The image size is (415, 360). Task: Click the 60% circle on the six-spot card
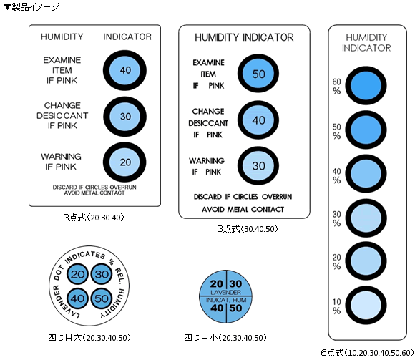(x=366, y=86)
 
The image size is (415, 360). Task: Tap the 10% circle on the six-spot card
(x=366, y=305)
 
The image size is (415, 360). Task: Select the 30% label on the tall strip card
(x=337, y=218)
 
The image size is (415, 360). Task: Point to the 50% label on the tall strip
(x=337, y=131)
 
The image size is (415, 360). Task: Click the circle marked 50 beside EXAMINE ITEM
(x=258, y=73)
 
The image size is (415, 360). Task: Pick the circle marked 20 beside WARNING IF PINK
(x=125, y=162)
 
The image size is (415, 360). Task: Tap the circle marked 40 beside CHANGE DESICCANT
(x=258, y=120)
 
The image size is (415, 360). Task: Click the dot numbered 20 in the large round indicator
(x=77, y=274)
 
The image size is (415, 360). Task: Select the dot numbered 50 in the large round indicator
(x=102, y=298)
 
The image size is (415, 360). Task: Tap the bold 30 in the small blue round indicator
(x=235, y=283)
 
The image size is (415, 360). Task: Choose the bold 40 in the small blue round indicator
(x=217, y=308)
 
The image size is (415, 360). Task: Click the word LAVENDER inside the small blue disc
(x=226, y=292)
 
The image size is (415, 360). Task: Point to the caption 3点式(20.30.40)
(x=94, y=218)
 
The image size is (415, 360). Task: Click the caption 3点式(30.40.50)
(x=247, y=228)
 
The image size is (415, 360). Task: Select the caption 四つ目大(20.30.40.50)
(x=89, y=338)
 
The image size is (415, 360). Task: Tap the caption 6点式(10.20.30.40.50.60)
(x=367, y=352)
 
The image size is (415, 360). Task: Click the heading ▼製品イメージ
(x=31, y=7)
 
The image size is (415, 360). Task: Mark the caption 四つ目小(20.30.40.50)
(x=225, y=338)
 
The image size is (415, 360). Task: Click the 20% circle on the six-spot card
(x=366, y=261)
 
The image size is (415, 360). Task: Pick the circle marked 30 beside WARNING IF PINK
(x=258, y=166)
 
